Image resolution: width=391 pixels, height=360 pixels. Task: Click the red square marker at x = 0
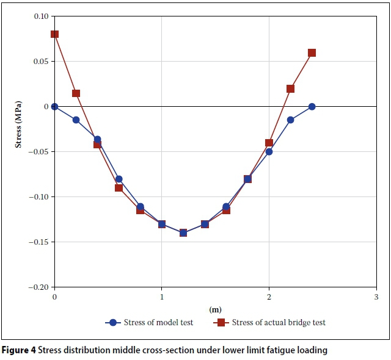[54, 34]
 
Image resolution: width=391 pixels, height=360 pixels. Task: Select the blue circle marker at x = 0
[54, 106]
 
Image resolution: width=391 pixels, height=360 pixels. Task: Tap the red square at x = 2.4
[312, 52]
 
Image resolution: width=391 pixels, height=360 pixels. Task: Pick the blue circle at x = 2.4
[312, 106]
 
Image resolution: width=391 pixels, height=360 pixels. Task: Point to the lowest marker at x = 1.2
[183, 232]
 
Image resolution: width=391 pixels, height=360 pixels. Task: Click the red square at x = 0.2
[76, 93]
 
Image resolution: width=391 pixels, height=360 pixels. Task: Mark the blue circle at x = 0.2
[76, 120]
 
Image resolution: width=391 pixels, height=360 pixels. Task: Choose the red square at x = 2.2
[290, 88]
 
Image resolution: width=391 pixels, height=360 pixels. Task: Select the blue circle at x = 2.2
[290, 120]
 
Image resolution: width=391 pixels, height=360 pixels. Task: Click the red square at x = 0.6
[119, 187]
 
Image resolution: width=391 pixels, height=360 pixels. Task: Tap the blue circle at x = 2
[269, 151]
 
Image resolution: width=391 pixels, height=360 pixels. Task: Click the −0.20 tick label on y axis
[38, 287]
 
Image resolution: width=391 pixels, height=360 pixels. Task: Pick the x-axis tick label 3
[376, 297]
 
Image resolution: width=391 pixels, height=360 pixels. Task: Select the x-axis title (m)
[215, 309]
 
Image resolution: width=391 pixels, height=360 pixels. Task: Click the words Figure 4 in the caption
[20, 350]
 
